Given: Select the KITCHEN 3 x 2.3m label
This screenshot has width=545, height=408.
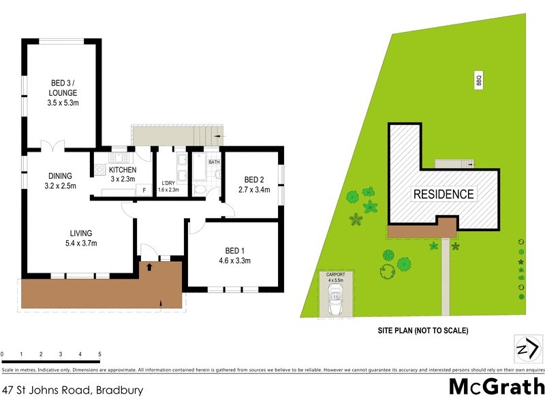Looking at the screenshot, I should [x=123, y=174].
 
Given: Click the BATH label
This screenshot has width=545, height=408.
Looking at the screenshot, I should [x=214, y=162].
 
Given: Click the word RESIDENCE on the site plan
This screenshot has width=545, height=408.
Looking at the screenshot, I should [x=443, y=194].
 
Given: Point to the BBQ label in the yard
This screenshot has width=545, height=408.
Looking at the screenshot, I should [x=479, y=80].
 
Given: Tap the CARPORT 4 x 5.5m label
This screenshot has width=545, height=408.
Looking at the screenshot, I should [x=336, y=277].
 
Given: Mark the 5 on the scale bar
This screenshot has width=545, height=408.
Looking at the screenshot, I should [x=100, y=355].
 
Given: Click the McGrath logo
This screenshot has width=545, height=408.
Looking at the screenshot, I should [x=496, y=387].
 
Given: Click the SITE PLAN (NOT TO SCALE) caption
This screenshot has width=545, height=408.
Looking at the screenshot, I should [x=423, y=331].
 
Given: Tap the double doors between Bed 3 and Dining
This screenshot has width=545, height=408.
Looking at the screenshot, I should [x=52, y=147].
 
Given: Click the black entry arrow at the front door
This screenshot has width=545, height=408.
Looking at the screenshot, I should [x=149, y=268].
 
